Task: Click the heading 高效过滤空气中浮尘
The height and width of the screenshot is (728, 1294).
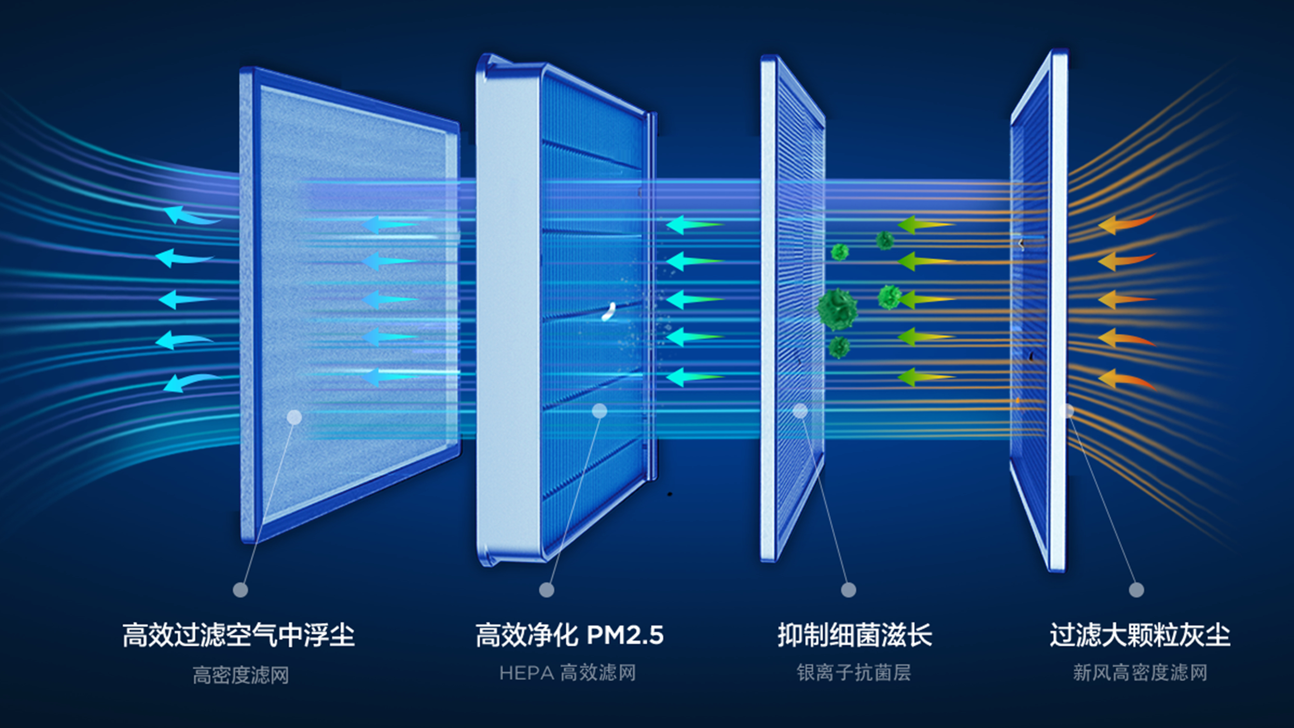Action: [x=238, y=635]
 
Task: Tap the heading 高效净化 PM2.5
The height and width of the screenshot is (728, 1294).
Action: [x=569, y=635]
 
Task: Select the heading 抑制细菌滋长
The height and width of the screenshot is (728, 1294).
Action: [x=855, y=635]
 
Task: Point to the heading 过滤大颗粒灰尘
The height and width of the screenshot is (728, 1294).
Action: [x=1140, y=635]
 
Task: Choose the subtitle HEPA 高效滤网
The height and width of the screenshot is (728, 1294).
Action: [x=568, y=673]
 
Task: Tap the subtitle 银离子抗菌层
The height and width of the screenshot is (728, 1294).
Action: [x=854, y=673]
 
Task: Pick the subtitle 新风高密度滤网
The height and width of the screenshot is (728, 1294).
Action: [x=1140, y=673]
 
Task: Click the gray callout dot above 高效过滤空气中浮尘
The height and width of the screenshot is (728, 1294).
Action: [x=240, y=589]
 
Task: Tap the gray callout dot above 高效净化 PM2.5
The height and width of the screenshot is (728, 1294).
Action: [x=547, y=589]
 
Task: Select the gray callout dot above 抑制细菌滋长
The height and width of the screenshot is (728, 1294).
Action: [x=849, y=589]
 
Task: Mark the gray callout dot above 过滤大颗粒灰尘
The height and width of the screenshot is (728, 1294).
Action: [x=1137, y=589]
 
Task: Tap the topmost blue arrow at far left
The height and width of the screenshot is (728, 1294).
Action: [x=189, y=216]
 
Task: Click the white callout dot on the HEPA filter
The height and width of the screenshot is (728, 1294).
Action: [x=600, y=411]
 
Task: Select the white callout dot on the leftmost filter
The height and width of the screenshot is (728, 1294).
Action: [x=294, y=417]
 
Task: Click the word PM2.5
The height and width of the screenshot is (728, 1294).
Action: [x=625, y=635]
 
